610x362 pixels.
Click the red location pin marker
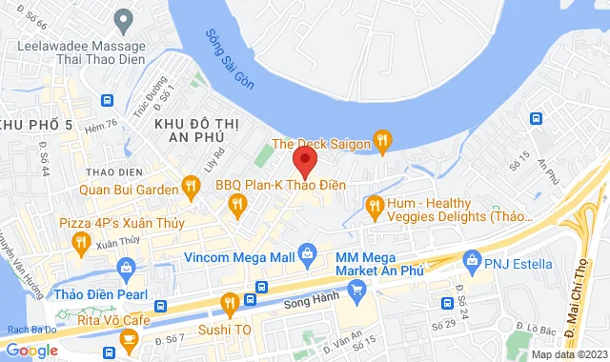(304, 160)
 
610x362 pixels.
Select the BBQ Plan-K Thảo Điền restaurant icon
(237, 203)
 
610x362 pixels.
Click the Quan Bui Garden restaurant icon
(191, 187)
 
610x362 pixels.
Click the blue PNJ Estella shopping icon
(471, 259)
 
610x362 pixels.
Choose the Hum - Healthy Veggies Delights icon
(375, 205)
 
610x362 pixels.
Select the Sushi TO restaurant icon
(229, 305)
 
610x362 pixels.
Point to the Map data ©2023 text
(568, 354)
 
